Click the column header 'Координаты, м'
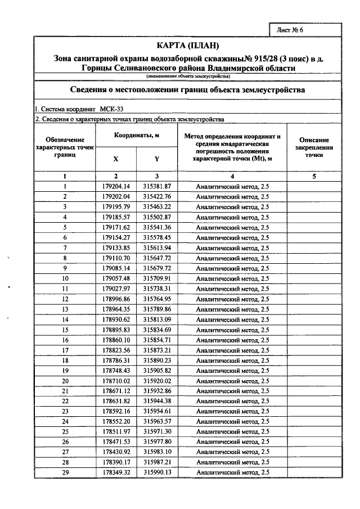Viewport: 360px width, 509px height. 137,136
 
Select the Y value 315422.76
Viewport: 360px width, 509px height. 157,196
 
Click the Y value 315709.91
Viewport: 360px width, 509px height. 157,278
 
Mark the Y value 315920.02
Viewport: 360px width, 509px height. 157,381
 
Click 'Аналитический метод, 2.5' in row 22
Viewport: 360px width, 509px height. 232,401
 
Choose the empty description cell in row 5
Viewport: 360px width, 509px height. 314,227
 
